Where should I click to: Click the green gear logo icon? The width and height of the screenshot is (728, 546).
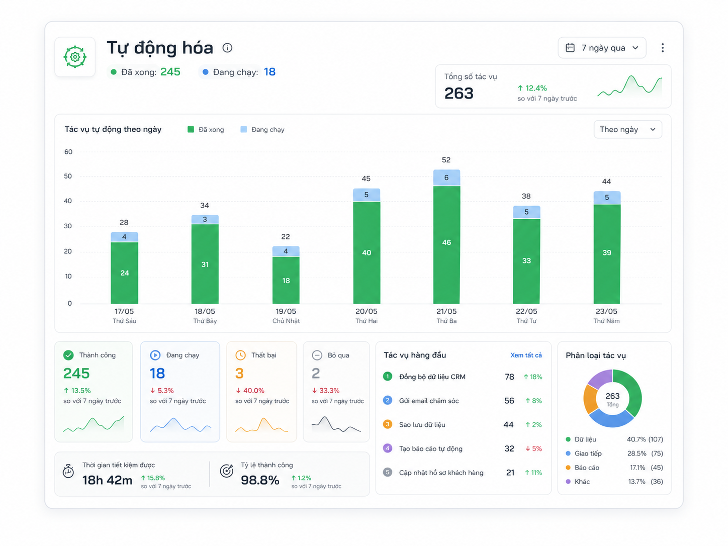tap(75, 57)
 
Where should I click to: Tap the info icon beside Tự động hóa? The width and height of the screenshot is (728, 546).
tap(227, 48)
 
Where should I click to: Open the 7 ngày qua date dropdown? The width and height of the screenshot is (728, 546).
tap(602, 48)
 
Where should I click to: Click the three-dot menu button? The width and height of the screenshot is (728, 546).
tap(662, 48)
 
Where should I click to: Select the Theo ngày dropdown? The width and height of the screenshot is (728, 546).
tap(627, 129)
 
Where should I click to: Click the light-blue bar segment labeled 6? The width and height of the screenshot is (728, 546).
tap(446, 177)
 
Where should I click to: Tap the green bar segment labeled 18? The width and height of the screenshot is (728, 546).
tap(286, 280)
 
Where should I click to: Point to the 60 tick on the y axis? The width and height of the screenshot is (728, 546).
tap(68, 152)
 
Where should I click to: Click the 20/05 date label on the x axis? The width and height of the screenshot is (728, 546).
tap(366, 311)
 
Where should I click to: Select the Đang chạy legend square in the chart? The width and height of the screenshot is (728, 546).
tap(243, 129)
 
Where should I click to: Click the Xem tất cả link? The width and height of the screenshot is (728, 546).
tap(526, 355)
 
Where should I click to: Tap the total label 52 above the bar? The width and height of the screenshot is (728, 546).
tap(446, 160)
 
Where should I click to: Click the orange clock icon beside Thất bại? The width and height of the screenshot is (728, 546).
tap(240, 355)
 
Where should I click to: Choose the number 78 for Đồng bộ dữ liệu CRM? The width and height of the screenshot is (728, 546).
tap(509, 377)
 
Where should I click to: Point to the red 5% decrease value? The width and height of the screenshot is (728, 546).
tap(533, 448)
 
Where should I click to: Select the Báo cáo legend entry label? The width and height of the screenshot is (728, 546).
tap(587, 468)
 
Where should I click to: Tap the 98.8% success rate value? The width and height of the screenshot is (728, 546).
tap(260, 480)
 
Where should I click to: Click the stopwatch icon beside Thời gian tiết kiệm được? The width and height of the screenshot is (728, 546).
tap(68, 471)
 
